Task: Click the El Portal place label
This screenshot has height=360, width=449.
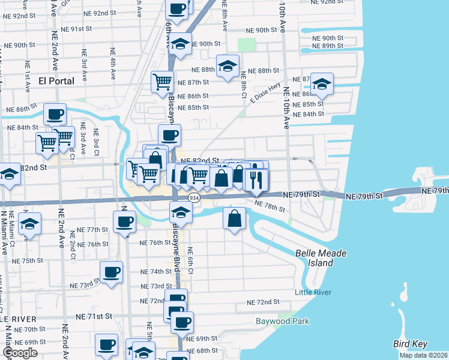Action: [x=56, y=81]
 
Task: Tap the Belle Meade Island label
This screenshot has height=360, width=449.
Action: [x=321, y=258]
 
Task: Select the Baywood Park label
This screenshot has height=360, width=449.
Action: [x=282, y=321]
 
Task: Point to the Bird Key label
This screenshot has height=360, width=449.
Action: [x=409, y=344]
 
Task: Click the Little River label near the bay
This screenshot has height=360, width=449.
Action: [x=313, y=292]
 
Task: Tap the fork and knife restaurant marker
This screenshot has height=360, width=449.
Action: [x=256, y=180]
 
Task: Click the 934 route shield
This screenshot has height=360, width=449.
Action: [x=193, y=197]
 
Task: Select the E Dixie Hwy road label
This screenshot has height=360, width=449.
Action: [x=265, y=93]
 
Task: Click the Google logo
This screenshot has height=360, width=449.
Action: [x=20, y=352]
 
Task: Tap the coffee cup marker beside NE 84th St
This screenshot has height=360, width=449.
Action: [x=55, y=114]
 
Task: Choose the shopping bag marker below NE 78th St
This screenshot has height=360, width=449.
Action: [x=234, y=218]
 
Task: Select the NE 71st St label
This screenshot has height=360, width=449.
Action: [x=94, y=316]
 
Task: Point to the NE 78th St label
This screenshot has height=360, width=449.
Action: [x=270, y=206]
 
